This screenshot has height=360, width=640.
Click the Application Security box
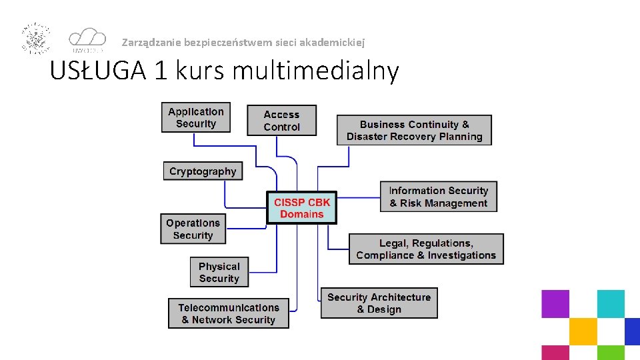196,117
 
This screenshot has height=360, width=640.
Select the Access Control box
281,121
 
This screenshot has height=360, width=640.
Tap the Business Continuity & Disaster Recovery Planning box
414,130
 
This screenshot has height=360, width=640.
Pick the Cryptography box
203,171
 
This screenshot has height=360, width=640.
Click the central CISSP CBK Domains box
301,208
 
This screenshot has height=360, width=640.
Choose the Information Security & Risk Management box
438,197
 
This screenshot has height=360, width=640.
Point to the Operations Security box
193,229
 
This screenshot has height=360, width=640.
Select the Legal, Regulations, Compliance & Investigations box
426,249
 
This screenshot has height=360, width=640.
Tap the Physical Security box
219,272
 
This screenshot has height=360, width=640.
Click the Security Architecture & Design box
379,303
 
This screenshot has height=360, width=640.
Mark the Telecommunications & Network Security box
229,313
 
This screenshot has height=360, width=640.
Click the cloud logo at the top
87,39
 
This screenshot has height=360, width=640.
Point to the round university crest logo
36,39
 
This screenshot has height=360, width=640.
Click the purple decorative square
555,303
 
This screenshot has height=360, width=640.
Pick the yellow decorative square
583,331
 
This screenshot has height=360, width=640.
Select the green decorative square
610,353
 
